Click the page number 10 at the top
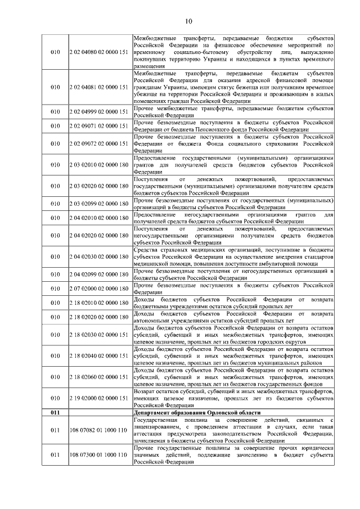click(188, 22)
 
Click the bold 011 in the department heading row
click(55, 412)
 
